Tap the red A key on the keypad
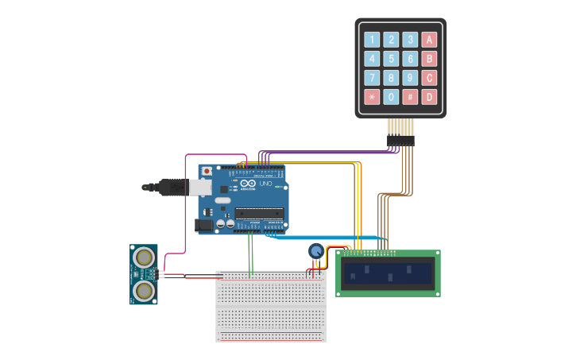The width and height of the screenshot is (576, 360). tap(429, 40)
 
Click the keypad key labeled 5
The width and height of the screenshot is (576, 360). tap(391, 59)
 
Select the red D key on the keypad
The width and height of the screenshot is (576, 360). tap(429, 97)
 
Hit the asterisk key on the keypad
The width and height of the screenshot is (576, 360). tap(372, 97)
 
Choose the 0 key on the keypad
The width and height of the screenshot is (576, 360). tap(391, 97)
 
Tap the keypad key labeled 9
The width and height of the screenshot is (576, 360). tap(410, 78)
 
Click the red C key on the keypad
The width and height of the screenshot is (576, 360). tap(429, 78)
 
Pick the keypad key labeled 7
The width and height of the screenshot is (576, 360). tap(372, 78)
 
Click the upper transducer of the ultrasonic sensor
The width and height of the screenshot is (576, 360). tap(145, 257)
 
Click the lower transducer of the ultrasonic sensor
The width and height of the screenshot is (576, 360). tap(145, 290)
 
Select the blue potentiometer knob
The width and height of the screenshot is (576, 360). tap(315, 251)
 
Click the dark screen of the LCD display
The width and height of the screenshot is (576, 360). tap(388, 274)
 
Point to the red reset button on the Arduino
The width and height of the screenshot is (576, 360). tap(207, 170)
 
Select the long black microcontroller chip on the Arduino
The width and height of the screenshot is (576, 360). tap(259, 213)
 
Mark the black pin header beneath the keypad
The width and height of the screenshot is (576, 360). tap(400, 141)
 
